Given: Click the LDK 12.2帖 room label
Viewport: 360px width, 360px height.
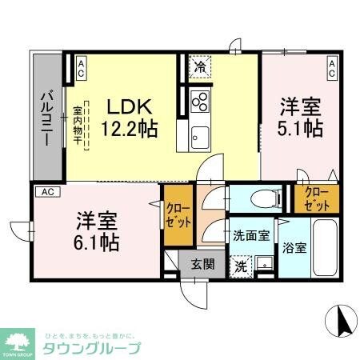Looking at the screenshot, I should coord(128,116).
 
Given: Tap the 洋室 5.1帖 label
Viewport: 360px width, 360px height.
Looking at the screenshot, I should coord(300,116).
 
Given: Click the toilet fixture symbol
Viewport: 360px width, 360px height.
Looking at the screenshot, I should coord(262,198).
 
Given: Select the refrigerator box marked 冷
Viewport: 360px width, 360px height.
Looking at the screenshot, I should coord(199,67).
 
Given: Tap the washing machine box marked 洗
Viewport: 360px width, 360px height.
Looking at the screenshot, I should coord(239,266).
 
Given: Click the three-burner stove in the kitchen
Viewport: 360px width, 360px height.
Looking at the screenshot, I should coord(201,102).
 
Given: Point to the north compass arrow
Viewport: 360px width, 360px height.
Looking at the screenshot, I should coord(346,322).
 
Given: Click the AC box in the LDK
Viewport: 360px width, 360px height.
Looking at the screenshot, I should coord(80,68).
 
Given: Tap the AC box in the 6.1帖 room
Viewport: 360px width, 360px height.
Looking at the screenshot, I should coord(47,192).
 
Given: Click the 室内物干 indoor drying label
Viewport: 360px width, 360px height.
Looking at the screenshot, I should coord(78,126).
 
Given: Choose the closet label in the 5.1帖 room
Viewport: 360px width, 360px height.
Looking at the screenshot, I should coord(316,199).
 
